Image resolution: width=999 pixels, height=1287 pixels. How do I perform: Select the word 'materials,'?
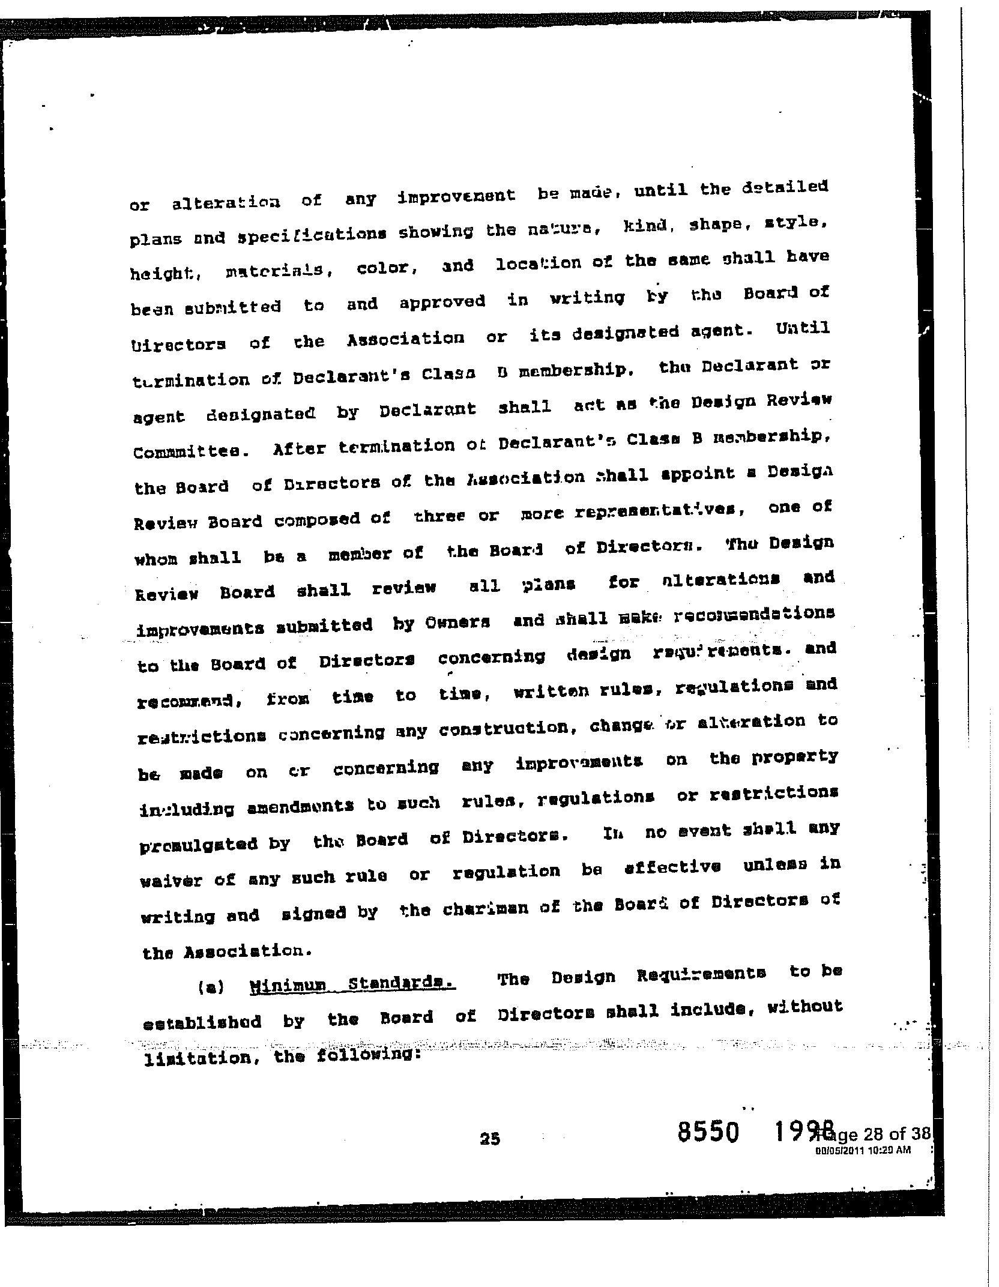[x=280, y=271]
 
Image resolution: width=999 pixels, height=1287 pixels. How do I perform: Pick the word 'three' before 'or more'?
[x=439, y=516]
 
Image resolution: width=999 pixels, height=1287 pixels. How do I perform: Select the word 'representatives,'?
[x=660, y=511]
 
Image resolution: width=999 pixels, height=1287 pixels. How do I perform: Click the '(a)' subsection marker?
[x=210, y=987]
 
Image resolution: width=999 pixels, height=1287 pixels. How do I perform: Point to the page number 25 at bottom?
[x=490, y=1138]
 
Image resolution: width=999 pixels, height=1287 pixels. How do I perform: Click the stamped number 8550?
[x=707, y=1132]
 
